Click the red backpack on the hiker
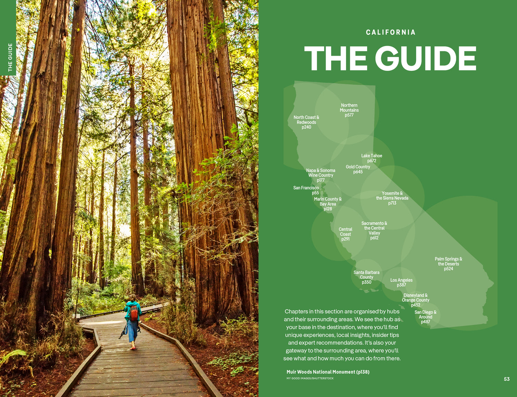(134, 312)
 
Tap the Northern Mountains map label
(349, 110)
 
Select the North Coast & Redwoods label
(306, 122)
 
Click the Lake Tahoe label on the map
(372, 158)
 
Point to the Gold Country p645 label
(358, 169)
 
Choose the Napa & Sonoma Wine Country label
(321, 175)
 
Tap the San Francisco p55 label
(306, 190)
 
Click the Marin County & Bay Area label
(328, 204)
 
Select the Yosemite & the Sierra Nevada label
(392, 198)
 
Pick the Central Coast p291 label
(345, 234)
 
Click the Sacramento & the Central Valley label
(374, 230)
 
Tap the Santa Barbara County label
(366, 277)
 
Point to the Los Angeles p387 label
(401, 282)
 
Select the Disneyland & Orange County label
(416, 300)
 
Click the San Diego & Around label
(425, 317)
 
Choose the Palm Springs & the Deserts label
(448, 264)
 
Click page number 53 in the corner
(507, 379)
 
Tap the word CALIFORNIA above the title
(391, 32)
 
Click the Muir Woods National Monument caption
(328, 372)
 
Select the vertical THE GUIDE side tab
(10, 57)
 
